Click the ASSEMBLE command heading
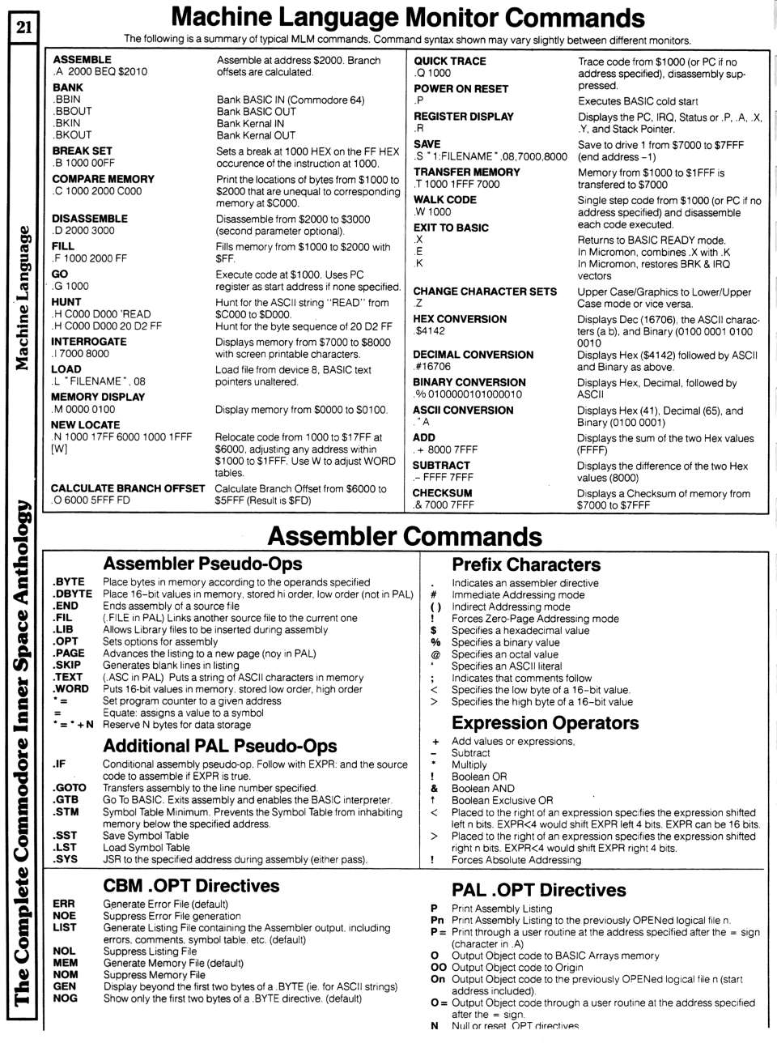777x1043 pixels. [82, 59]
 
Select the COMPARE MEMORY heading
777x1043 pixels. [103, 179]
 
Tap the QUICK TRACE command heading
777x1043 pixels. [449, 61]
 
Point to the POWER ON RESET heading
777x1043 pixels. [461, 88]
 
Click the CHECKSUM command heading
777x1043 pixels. [442, 492]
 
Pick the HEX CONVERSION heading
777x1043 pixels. [459, 319]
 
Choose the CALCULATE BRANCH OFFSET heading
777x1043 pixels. [128, 488]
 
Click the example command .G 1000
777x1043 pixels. [70, 286]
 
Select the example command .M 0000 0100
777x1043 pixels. [83, 409]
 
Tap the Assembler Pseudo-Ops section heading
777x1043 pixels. [202, 564]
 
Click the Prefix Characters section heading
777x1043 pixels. [526, 564]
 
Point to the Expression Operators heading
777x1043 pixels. [545, 722]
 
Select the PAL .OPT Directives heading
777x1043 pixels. [538, 890]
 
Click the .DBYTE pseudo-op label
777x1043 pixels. [71, 594]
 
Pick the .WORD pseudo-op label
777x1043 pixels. [70, 689]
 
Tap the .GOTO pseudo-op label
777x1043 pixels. [70, 788]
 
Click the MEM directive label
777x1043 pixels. [65, 963]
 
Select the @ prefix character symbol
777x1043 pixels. [435, 654]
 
